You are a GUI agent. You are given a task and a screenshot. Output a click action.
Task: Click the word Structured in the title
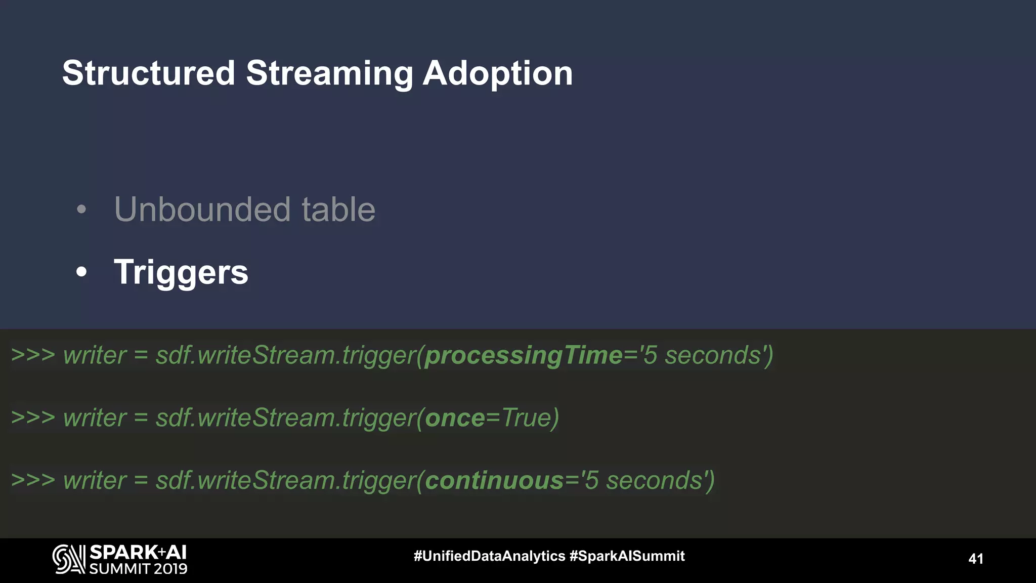tap(149, 73)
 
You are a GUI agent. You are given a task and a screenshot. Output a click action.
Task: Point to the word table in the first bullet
tap(338, 210)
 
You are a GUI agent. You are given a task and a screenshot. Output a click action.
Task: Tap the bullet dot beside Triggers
tap(81, 272)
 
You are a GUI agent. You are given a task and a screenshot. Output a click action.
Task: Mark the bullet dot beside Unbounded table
tap(81, 209)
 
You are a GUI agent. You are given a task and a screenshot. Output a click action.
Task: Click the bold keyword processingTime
tap(524, 356)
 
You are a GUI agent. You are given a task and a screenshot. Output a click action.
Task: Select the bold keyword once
tap(455, 419)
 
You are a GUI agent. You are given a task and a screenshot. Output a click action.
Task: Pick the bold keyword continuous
tap(494, 481)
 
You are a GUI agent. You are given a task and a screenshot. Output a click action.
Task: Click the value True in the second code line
tap(526, 419)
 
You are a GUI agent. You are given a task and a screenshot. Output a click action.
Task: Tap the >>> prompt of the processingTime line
tap(33, 355)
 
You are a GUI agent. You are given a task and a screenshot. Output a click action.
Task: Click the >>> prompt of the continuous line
tap(33, 480)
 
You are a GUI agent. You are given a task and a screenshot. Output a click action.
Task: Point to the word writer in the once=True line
tap(95, 419)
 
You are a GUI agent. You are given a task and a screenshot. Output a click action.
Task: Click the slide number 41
tap(976, 559)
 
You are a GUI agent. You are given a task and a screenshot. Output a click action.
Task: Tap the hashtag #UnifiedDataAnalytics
tap(489, 556)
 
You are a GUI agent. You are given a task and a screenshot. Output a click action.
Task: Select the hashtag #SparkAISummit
tap(627, 556)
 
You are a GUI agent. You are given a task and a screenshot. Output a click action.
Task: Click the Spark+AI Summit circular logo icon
tap(69, 559)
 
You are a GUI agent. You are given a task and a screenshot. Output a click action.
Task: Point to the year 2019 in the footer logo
tap(170, 569)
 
